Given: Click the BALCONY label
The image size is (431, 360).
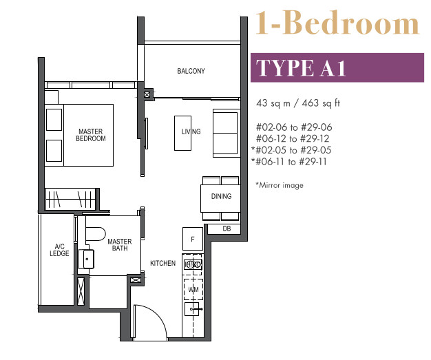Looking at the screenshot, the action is [191, 71].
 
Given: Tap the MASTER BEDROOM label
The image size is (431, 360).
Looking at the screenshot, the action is [91, 135].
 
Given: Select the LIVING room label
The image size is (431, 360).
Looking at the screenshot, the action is [191, 131].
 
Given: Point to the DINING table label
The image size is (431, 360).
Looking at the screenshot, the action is [221, 196].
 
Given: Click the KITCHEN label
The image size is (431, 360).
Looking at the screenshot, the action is [162, 263].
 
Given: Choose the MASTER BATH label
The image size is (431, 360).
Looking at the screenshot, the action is [120, 245].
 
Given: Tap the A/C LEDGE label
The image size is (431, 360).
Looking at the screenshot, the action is [59, 250].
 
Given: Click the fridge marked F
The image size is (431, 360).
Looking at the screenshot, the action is [193, 239].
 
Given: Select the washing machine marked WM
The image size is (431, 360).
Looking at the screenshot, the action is [193, 289].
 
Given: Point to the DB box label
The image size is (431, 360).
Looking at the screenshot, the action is [227, 229].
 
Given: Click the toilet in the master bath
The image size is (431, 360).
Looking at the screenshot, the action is [96, 234].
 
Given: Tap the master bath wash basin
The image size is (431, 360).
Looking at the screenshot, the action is [86, 259].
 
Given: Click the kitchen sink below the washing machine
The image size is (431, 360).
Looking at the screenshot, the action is [192, 309].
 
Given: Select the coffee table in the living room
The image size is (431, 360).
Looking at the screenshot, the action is [182, 133].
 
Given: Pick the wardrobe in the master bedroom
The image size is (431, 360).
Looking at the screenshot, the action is [70, 199].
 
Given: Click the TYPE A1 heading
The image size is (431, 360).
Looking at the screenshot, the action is [301, 68].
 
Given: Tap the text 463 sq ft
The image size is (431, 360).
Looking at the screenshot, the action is [321, 103].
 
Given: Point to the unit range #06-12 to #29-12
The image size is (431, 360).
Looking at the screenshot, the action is [293, 138].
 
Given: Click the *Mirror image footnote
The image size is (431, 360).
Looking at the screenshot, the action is [280, 185].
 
